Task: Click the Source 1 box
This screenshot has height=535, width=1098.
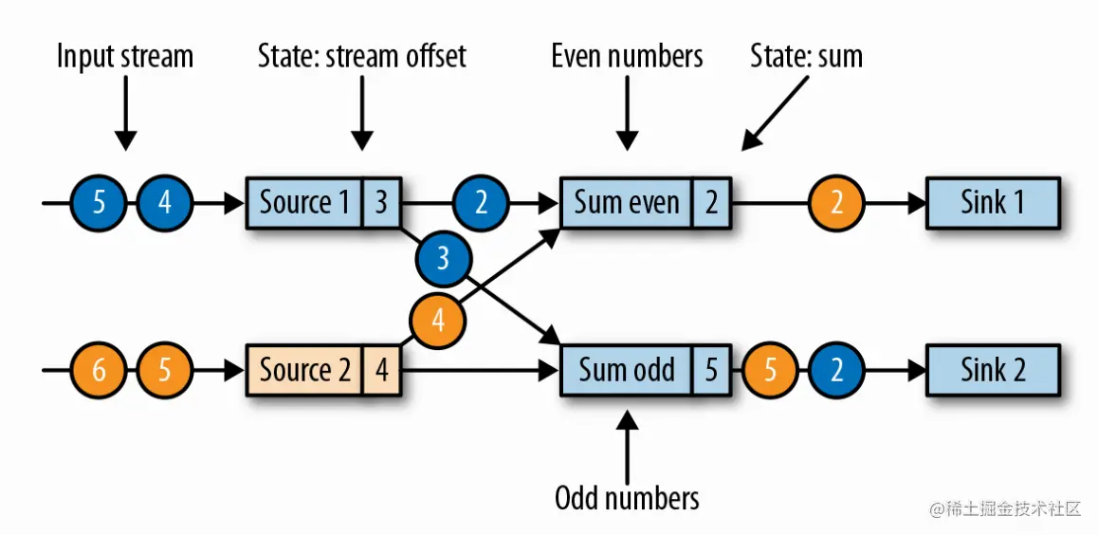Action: coord(303,202)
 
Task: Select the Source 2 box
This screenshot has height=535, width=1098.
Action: coord(303,369)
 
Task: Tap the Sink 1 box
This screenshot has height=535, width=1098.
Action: coord(993,202)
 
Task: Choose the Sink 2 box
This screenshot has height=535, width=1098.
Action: coord(993,369)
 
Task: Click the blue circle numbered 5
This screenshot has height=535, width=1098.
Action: coord(99,202)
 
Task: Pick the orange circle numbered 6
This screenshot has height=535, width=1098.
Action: coord(99,369)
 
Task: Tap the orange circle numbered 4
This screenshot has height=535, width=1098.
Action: coord(437,321)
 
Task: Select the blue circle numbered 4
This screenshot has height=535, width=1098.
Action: coord(165,202)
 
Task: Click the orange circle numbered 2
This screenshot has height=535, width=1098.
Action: coord(836,202)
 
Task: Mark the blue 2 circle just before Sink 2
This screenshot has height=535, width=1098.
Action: coord(836,369)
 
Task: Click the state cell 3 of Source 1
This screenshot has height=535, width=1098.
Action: coord(381,202)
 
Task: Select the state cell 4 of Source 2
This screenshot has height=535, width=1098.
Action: coord(381,369)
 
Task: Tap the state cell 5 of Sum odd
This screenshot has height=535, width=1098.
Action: coord(712,369)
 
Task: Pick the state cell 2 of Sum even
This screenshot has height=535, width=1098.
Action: coord(712,202)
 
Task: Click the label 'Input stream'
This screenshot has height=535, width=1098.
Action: coord(124,56)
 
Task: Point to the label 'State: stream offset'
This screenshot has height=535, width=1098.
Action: coord(361,56)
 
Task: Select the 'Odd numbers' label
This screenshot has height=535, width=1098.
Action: coord(627,497)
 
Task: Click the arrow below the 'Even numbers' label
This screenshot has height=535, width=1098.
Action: coord(627,112)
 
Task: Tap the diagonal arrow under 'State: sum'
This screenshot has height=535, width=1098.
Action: coord(778,112)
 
